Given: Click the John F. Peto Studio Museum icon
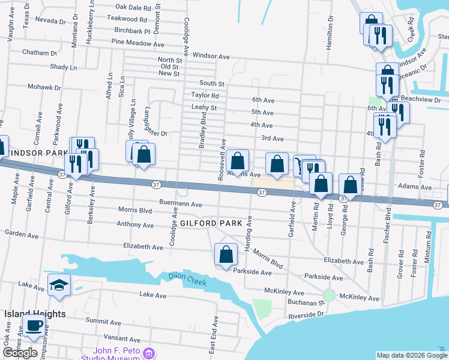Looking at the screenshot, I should pyautogui.click(x=151, y=353).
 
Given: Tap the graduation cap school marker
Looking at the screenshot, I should pyautogui.click(x=59, y=286).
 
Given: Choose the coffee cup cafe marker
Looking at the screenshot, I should pyautogui.click(x=34, y=326).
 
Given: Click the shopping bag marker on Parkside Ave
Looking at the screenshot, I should pyautogui.click(x=226, y=254).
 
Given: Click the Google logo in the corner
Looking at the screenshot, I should pyautogui.click(x=20, y=353).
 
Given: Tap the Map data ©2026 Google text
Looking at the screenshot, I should pyautogui.click(x=411, y=355).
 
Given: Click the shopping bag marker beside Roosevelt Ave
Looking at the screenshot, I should pyautogui.click(x=238, y=161).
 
